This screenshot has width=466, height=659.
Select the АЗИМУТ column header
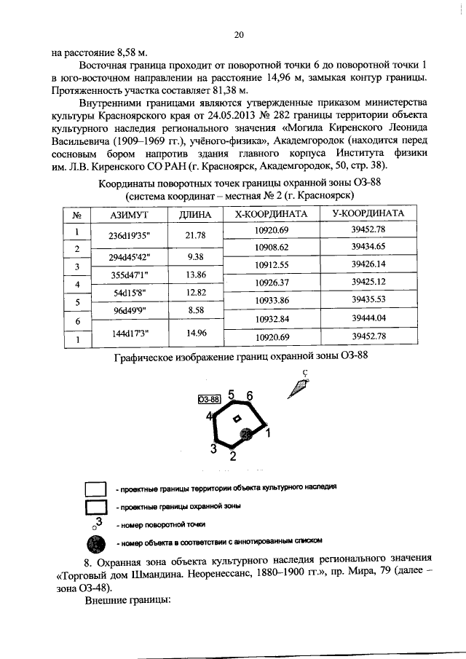click(x=129, y=215)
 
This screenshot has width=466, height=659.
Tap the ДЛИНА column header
click(x=194, y=215)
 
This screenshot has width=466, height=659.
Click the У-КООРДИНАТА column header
click(x=368, y=214)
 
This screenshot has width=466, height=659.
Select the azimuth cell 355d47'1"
click(x=129, y=275)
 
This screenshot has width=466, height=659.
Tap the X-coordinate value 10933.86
click(x=272, y=300)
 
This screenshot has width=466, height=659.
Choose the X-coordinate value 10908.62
click(x=272, y=248)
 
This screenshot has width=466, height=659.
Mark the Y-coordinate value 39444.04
click(x=368, y=318)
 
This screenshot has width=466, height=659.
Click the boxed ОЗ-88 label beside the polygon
click(x=209, y=398)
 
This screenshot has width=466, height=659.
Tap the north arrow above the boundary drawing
click(x=298, y=386)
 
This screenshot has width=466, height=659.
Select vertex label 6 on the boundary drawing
click(x=249, y=395)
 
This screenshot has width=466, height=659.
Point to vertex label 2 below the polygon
click(x=232, y=457)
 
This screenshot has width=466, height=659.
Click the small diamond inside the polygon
click(x=236, y=419)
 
